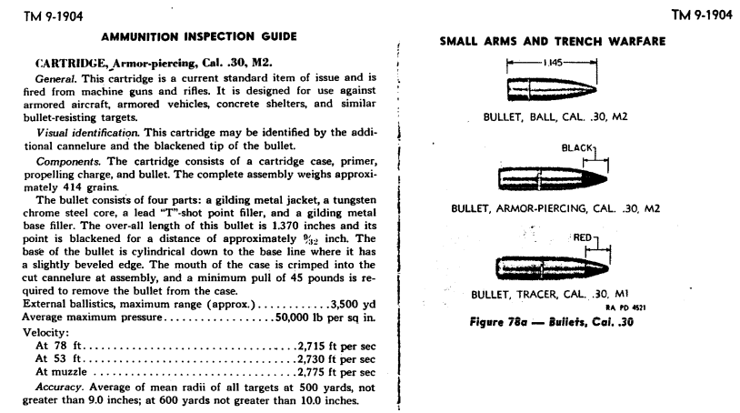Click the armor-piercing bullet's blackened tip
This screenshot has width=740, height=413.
[x=596, y=176]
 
